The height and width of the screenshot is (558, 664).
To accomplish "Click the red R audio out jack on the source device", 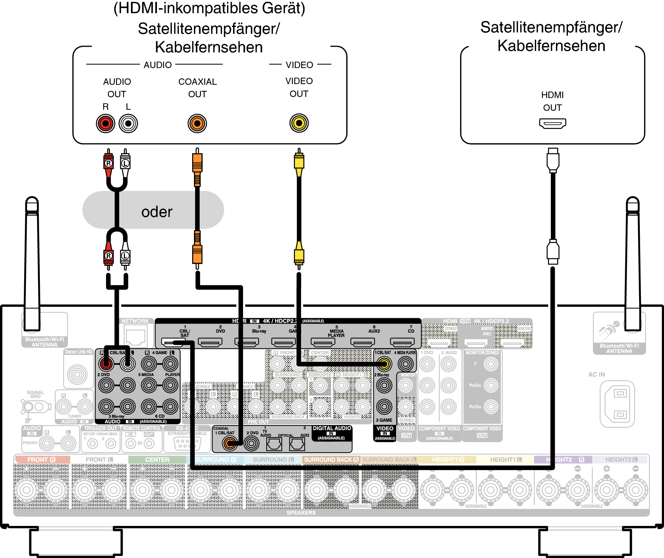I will click(106, 124).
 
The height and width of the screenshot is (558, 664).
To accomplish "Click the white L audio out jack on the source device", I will click(128, 124).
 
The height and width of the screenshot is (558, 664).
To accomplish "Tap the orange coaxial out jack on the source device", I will click(197, 124).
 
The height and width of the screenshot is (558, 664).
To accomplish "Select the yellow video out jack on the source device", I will click(299, 123).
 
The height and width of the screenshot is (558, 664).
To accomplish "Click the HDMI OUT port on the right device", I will click(552, 124).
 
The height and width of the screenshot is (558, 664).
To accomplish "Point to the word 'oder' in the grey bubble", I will click(157, 212).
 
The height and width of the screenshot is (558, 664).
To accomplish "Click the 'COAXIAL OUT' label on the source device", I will click(197, 88).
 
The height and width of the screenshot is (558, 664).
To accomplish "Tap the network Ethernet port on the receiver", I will click(135, 336).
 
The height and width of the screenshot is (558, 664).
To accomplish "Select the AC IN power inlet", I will click(617, 404).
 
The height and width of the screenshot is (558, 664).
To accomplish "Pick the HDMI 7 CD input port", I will click(402, 342).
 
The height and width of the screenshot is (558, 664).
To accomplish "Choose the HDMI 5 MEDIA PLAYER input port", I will click(323, 342).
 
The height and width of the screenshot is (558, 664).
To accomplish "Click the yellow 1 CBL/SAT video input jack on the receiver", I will click(384, 364).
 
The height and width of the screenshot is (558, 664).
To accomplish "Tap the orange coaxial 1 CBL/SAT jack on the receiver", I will click(230, 443).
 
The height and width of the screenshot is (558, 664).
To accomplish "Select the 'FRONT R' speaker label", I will click(41, 460).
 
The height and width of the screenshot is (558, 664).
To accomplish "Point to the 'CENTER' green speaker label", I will click(157, 460).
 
